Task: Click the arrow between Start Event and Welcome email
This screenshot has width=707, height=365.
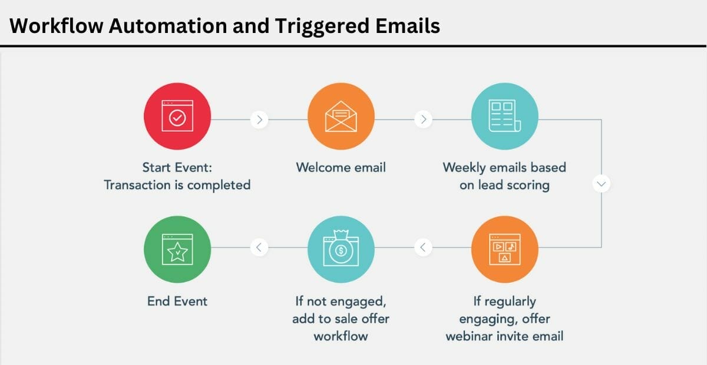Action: coord(259,120)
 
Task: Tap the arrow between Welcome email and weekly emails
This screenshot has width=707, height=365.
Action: coord(423,120)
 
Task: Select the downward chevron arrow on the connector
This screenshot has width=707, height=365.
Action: coord(601,184)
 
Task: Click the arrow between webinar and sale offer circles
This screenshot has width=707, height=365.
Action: coord(422,247)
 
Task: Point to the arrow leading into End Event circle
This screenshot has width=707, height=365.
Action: coord(259,247)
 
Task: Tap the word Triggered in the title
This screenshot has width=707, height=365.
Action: coord(321,26)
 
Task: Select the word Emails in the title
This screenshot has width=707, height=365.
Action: coord(408,26)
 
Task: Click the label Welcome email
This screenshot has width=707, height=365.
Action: coord(341,167)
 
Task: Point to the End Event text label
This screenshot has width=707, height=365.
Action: coord(177,301)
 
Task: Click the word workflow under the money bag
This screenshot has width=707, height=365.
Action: coord(341,336)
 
